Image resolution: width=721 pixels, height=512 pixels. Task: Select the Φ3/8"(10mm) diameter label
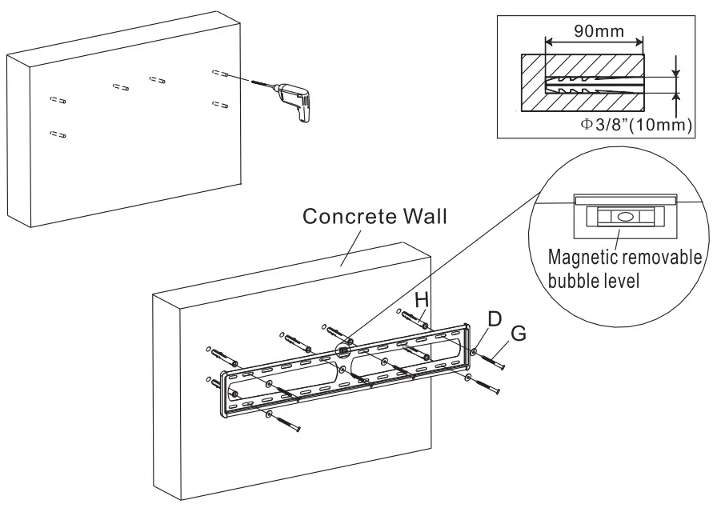click(635, 125)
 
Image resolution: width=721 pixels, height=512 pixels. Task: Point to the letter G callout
click(519, 334)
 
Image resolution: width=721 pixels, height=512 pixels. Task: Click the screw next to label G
click(495, 360)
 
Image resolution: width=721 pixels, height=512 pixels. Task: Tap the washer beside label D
click(475, 352)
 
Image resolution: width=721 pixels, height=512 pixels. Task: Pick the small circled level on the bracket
click(343, 350)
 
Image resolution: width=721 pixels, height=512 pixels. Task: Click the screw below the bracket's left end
click(285, 422)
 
